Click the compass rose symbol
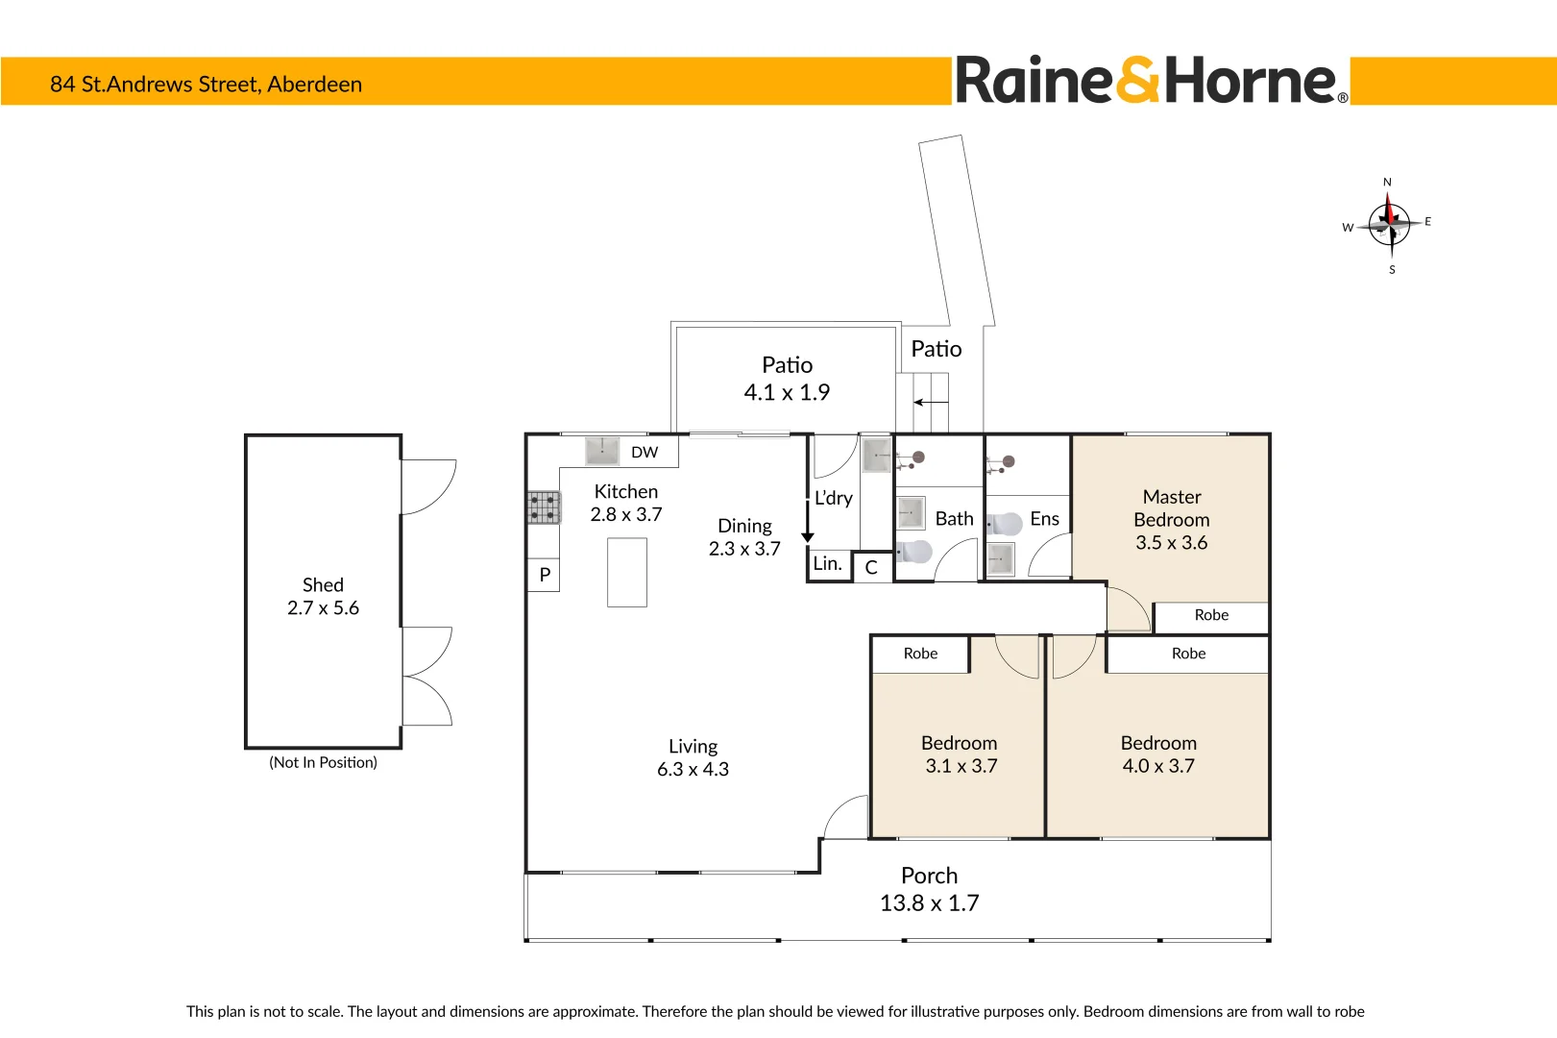[1390, 225]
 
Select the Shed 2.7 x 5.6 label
[323, 597]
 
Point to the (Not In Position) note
[323, 762]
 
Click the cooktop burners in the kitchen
[543, 507]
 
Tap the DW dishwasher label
[645, 453]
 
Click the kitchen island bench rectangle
[627, 572]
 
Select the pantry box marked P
[545, 575]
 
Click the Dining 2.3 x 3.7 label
[744, 537]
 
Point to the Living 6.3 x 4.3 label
[693, 757]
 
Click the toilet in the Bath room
[914, 552]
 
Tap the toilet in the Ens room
[1005, 524]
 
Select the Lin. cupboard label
[827, 564]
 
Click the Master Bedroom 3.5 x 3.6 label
[1171, 520]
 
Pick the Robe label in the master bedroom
[1211, 615]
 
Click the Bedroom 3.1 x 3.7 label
[960, 754]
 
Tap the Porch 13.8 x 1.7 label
[929, 889]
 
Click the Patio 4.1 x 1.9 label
[787, 379]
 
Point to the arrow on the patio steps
[930, 402]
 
